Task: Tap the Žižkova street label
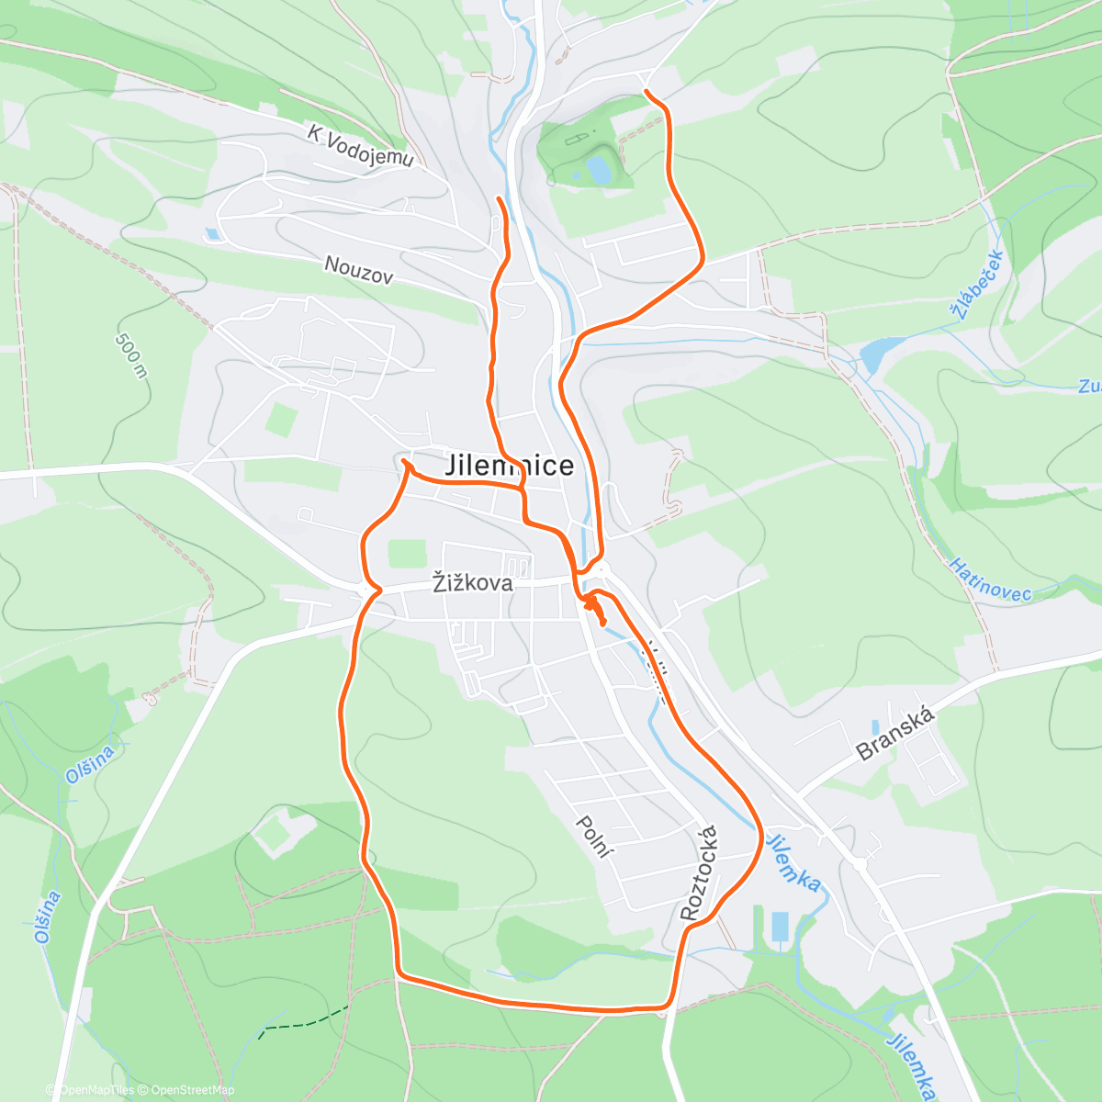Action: (x=472, y=583)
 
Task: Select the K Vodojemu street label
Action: (x=361, y=147)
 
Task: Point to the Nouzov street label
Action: (x=359, y=269)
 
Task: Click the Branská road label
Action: (x=894, y=734)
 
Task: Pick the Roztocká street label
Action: (x=700, y=873)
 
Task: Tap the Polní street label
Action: (x=593, y=836)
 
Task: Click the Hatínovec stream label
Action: (x=990, y=579)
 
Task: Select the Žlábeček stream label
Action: (x=980, y=284)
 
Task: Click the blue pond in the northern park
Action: (x=599, y=169)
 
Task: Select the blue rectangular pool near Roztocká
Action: (x=780, y=927)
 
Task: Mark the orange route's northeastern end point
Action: (x=647, y=91)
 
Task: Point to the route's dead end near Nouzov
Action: (x=499, y=198)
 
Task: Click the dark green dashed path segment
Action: (x=304, y=1020)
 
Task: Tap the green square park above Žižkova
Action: (x=407, y=554)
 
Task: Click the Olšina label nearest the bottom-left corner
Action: (x=48, y=916)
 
